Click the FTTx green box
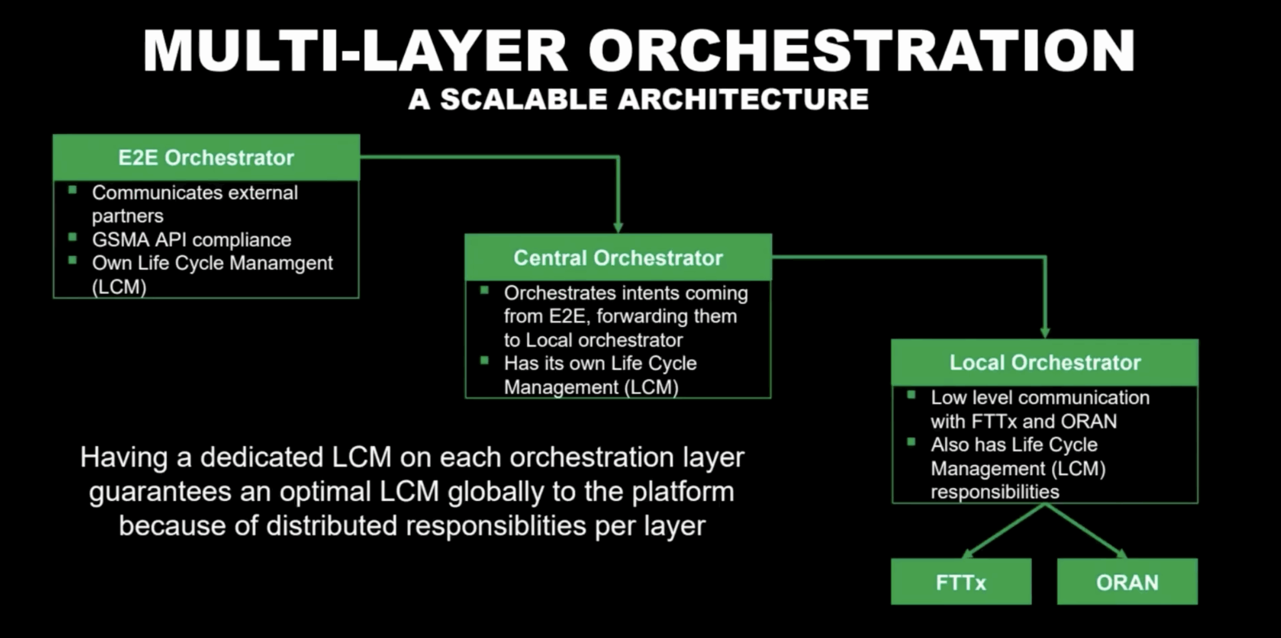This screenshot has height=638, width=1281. (x=961, y=582)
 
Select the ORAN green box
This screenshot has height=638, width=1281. (x=1127, y=582)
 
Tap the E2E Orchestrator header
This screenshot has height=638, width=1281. (x=206, y=158)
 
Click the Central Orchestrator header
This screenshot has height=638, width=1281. (x=618, y=258)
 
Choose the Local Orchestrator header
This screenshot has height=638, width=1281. (x=1045, y=363)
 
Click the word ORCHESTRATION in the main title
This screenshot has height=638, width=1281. (x=861, y=51)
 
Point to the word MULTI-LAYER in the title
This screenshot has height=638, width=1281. (x=355, y=51)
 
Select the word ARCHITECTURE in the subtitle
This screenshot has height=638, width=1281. (x=743, y=99)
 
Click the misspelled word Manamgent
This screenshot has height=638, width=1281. (x=281, y=263)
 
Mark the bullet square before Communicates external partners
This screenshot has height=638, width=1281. (x=73, y=190)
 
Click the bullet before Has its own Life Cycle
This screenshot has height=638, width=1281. (x=484, y=360)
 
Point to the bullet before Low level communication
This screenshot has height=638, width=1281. (x=911, y=395)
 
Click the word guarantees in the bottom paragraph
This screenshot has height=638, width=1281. (x=160, y=492)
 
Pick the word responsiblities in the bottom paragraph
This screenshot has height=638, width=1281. (x=496, y=526)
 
